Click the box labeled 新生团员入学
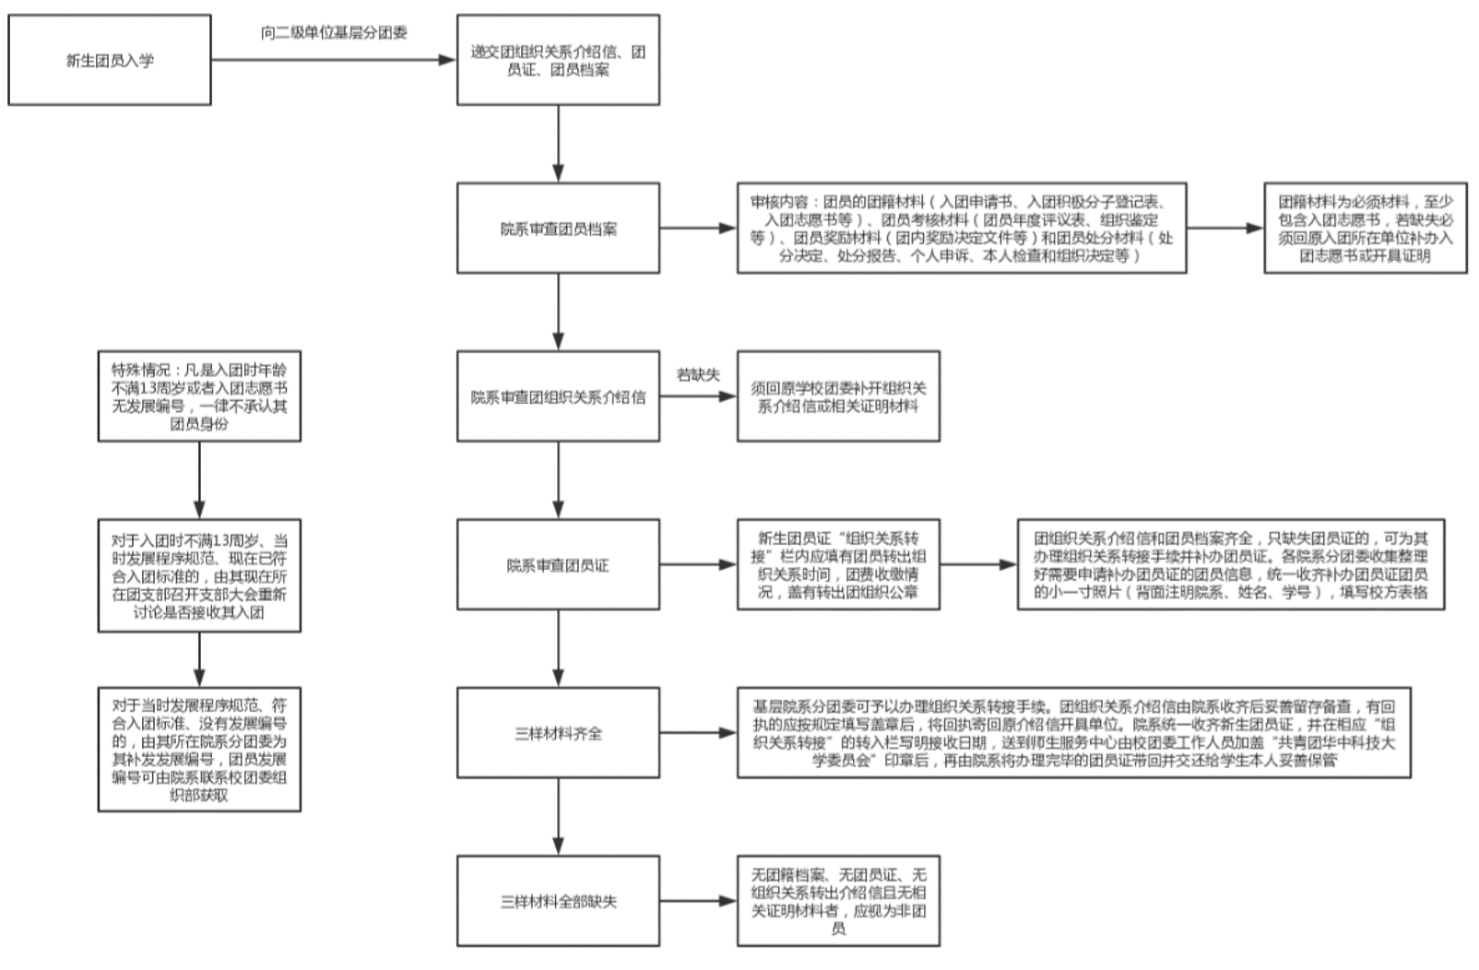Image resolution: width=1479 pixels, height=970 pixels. tap(110, 60)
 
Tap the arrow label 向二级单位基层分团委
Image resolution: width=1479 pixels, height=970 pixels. tap(334, 33)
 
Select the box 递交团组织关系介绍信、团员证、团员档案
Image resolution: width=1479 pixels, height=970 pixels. tap(558, 60)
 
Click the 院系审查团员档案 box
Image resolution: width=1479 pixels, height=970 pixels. tap(558, 228)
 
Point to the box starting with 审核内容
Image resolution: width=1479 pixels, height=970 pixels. tap(961, 228)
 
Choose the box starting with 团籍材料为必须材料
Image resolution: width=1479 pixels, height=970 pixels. tap(1365, 228)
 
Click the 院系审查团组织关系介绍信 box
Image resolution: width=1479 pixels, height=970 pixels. tap(558, 396)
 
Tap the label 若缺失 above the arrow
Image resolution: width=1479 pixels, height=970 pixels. tap(697, 374)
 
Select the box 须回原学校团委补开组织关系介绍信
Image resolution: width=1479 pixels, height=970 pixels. tap(838, 396)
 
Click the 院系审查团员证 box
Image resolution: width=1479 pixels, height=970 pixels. tap(558, 564)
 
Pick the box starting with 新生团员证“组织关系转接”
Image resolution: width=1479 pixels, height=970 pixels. tap(838, 564)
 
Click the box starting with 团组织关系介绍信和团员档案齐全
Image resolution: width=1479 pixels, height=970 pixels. tap(1230, 564)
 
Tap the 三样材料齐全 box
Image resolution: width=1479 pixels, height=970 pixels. tap(558, 733)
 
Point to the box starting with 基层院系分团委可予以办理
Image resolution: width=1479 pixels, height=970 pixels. tap(1073, 733)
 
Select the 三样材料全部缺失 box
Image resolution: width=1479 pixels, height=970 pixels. tap(558, 901)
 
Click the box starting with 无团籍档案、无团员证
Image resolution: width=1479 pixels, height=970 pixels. tap(838, 901)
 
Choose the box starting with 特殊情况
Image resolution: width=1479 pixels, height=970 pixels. tap(199, 396)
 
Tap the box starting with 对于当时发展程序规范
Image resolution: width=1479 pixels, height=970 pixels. tap(199, 749)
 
